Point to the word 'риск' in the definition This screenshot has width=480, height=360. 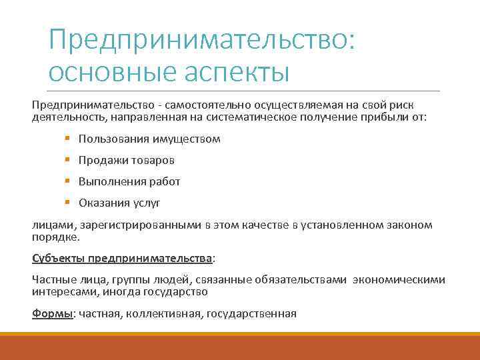419,105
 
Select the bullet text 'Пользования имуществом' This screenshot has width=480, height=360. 149,139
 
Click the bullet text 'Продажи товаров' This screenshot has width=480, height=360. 127,161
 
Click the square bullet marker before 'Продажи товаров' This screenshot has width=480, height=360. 68,161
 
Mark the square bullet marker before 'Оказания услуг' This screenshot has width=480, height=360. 68,203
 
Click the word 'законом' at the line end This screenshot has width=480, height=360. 410,225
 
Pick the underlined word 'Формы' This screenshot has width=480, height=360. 51,313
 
